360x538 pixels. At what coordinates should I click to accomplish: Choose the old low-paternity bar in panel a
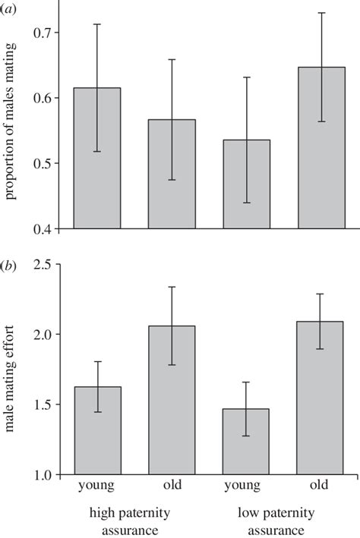click(x=321, y=148)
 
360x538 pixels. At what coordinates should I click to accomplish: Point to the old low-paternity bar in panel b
click(x=321, y=398)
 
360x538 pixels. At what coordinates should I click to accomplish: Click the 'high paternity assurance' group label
click(x=134, y=521)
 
